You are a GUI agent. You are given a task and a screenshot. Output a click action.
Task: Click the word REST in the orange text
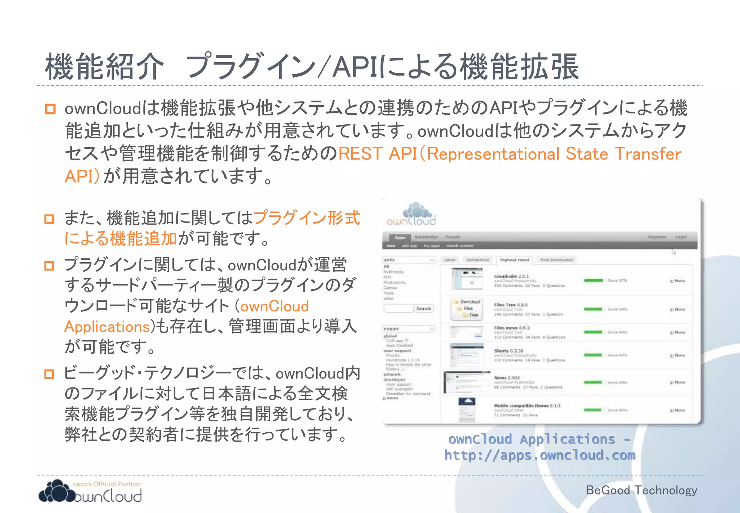coord(360,154)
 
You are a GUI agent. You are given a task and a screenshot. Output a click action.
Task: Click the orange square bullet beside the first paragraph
coord(50,109)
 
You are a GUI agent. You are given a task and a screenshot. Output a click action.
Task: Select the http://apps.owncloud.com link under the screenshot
coord(539,455)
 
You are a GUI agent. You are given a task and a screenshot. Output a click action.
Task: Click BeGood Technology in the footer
coord(641,490)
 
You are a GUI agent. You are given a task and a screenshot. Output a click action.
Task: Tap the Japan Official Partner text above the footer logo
coord(106,484)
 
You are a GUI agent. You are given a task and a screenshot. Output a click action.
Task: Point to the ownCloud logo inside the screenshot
coord(412,214)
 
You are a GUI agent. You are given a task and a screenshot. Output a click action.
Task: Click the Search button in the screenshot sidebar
coord(423,309)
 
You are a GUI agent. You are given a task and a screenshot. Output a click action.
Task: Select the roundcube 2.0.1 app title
coord(511,276)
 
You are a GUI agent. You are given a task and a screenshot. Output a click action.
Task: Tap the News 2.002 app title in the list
coord(507,378)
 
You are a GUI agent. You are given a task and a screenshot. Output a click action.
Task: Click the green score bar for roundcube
coord(593,280)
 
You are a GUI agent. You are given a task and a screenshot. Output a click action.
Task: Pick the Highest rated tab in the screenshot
coord(515,260)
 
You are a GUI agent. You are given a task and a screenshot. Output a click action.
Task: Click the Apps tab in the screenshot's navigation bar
coord(400,238)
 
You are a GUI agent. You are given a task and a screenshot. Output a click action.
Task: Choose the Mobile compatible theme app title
coord(527,406)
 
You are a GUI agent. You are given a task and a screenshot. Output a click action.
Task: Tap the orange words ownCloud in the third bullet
coord(275,306)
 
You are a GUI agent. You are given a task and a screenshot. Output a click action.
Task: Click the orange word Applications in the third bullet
coord(107,327)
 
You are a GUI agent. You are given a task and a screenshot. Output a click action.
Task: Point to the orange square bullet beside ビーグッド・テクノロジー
coord(49,374)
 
